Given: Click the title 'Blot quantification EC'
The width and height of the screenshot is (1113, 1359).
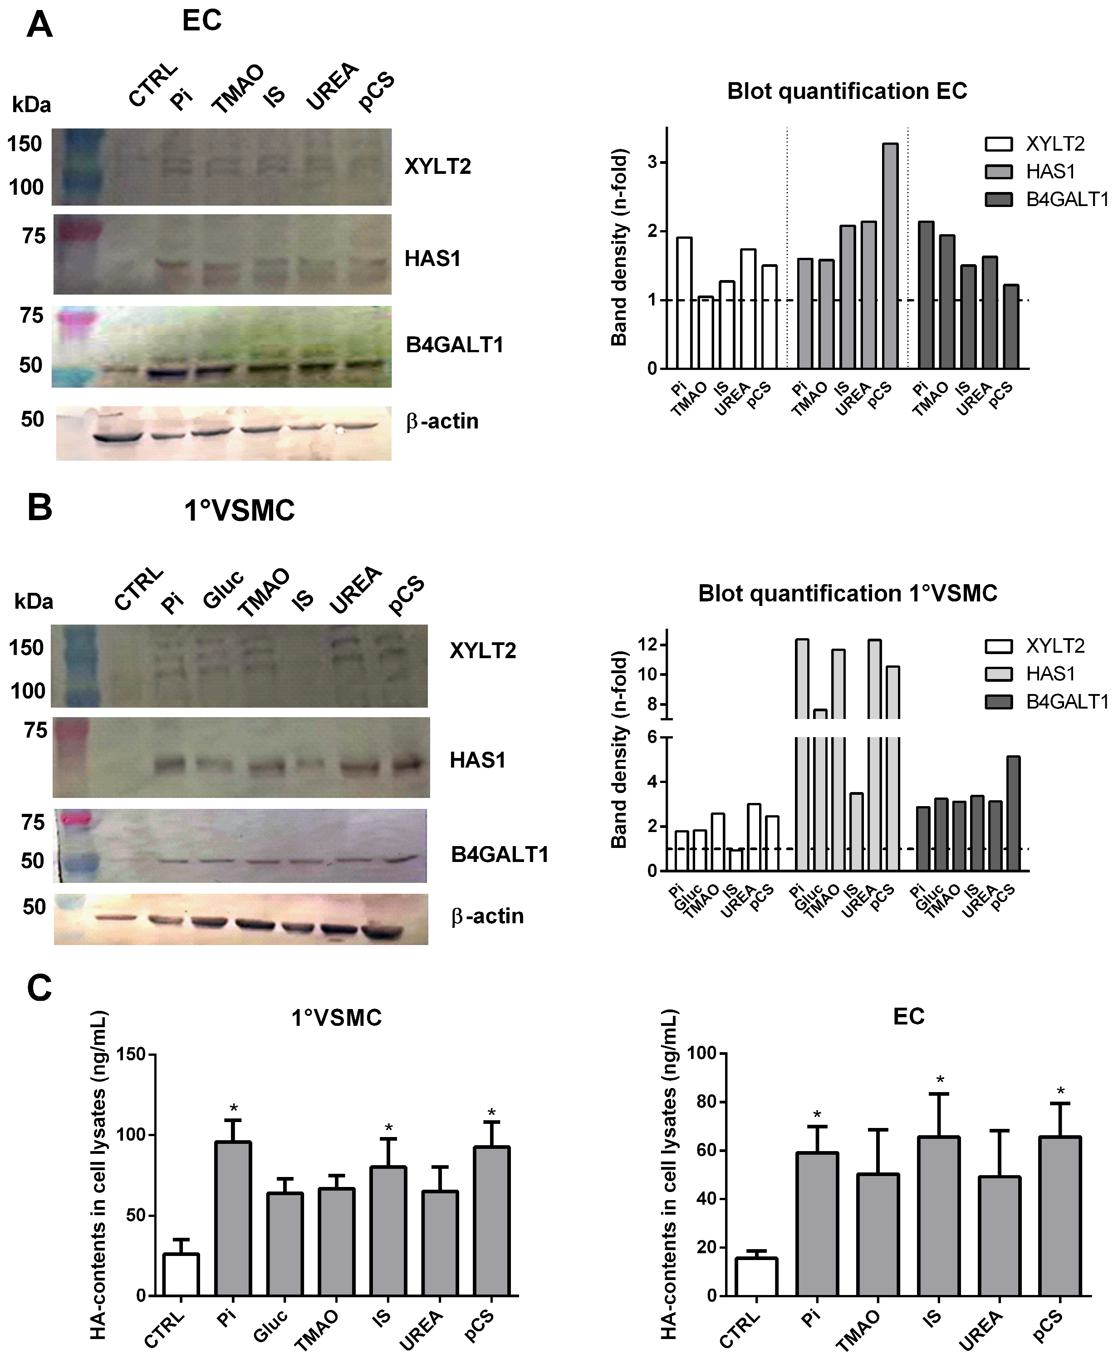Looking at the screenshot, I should (x=847, y=92).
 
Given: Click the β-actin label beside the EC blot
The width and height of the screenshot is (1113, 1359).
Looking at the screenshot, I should (x=442, y=421).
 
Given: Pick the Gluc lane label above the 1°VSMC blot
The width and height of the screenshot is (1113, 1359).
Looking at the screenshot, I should (x=223, y=588).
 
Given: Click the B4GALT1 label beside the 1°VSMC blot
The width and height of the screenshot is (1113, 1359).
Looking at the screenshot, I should (x=500, y=855).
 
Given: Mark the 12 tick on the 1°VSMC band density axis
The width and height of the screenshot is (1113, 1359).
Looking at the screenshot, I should (x=647, y=645).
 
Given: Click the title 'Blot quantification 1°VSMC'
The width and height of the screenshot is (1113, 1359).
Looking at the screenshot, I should (x=848, y=594).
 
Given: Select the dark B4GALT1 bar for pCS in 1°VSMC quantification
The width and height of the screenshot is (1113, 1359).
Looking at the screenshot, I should (x=1013, y=813).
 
